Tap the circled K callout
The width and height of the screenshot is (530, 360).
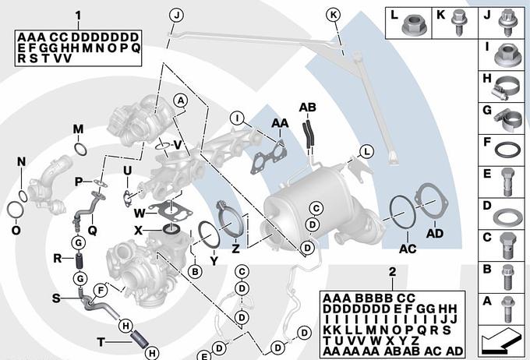point(333,15)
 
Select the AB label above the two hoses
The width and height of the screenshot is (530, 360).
point(307,107)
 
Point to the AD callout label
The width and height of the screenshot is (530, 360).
point(435,232)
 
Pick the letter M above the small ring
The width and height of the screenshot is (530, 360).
point(78,129)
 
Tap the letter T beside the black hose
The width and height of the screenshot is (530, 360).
point(101,341)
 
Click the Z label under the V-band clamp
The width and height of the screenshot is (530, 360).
point(235,249)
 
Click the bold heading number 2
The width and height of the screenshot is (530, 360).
point(393,271)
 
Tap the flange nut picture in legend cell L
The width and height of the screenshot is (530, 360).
point(412,28)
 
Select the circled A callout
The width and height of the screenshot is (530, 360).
point(180,101)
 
